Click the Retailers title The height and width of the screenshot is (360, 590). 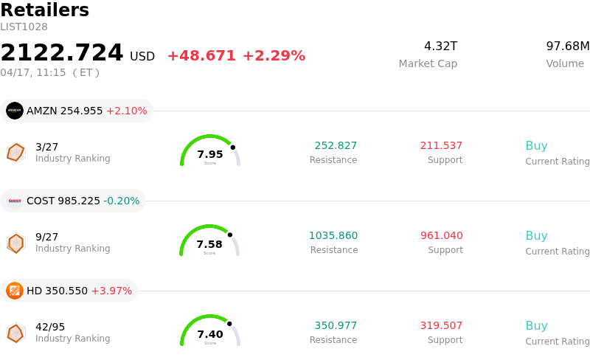44,10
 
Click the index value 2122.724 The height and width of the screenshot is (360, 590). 62,53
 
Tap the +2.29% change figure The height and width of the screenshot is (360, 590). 274,56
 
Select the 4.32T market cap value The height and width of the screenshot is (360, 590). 440,46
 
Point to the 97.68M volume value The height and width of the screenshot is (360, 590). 567,46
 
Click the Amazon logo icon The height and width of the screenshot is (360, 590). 15,111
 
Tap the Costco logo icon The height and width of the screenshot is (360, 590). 15,201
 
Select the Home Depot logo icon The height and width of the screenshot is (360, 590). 15,291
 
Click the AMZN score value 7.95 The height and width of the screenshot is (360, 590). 210,154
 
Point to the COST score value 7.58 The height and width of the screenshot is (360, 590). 209,244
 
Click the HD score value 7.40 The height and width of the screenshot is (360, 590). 210,334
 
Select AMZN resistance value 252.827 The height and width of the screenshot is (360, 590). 336,145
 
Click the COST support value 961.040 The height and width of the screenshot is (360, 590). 442,235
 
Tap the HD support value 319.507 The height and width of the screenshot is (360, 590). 442,325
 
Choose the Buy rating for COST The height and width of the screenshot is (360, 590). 536,235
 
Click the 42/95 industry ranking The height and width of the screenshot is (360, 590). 50,326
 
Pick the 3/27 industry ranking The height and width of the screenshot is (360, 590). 47,146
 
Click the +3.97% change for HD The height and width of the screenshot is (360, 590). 111,291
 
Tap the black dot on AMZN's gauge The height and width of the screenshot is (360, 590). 233,147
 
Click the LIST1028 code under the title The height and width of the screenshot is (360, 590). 24,27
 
